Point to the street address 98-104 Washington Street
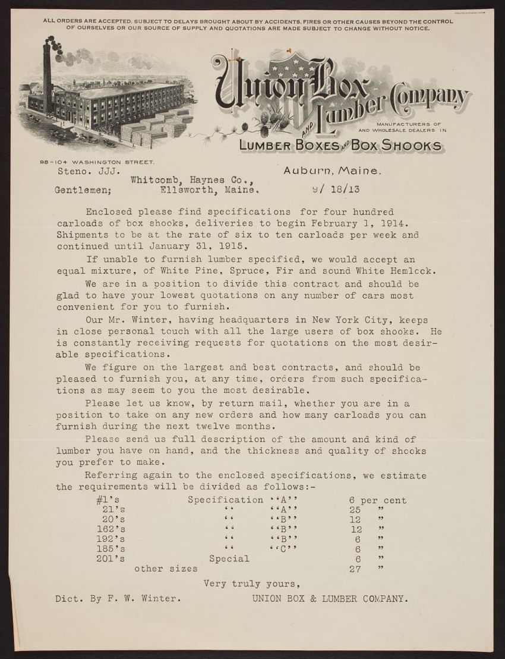click(97, 162)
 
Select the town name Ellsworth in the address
click(182, 191)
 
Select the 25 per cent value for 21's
click(356, 510)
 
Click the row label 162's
click(111, 529)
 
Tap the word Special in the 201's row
click(229, 559)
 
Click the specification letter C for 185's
click(283, 548)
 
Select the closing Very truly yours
click(248, 584)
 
